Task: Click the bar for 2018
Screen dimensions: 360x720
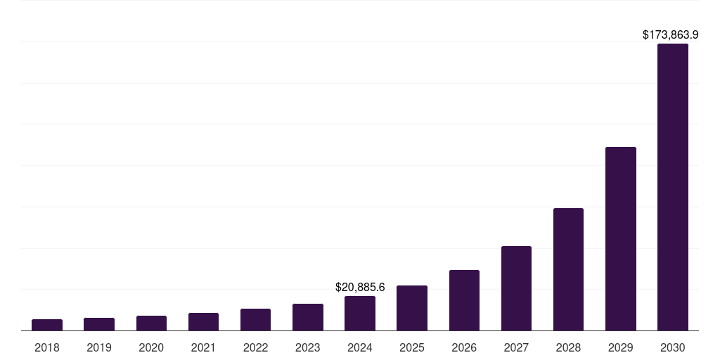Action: (47, 325)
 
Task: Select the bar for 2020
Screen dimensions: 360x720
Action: (151, 323)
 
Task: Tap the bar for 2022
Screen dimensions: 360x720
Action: (255, 320)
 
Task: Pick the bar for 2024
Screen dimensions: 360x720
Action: (360, 314)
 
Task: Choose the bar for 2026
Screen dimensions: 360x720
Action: (464, 300)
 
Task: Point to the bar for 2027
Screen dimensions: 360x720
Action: (516, 288)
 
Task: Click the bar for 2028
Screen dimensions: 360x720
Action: (568, 269)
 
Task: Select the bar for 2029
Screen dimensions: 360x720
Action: (621, 239)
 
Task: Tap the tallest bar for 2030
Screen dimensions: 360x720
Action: (673, 187)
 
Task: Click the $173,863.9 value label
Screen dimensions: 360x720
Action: (670, 34)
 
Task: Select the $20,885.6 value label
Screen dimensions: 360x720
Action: (360, 287)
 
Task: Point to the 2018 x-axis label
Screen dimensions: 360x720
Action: (47, 347)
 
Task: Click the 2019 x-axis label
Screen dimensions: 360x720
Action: (99, 347)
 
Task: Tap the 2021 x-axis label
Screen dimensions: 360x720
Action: (203, 347)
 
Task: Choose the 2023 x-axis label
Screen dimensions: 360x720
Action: (308, 347)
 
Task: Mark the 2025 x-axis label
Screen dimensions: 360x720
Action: (412, 347)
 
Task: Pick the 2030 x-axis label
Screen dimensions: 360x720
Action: (673, 347)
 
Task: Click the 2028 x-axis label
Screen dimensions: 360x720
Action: (568, 347)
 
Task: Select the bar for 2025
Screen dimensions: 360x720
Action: (412, 308)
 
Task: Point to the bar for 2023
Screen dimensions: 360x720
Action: (308, 317)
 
